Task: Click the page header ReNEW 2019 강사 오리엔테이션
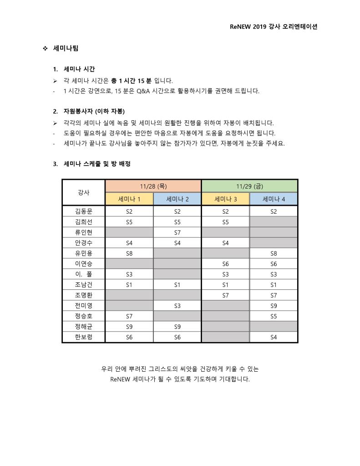[x=273, y=26]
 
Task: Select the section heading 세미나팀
[x=66, y=48]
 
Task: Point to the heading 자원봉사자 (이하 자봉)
[x=94, y=111]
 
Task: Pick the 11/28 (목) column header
[x=153, y=186]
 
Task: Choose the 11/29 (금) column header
[x=249, y=186]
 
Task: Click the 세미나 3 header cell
[x=225, y=199]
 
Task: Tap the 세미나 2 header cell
[x=177, y=199]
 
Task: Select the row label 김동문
[x=84, y=211]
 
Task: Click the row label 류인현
[x=84, y=232]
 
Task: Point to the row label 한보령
[x=84, y=338]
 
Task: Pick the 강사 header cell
[x=84, y=193]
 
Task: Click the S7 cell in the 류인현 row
[x=177, y=232]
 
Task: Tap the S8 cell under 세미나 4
[x=274, y=253]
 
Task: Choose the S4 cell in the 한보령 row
[x=274, y=338]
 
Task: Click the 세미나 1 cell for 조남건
[x=129, y=285]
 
